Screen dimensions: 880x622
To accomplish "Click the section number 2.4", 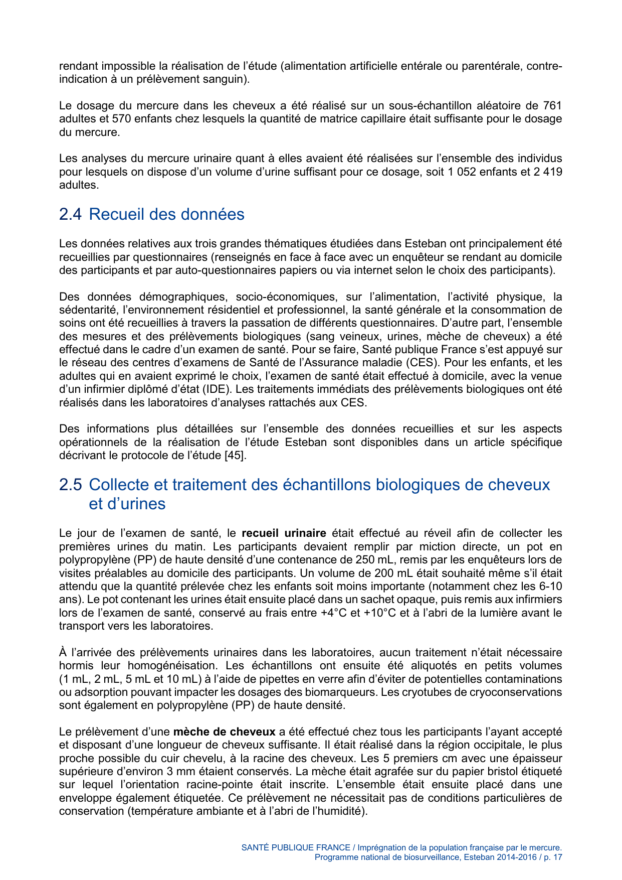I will [x=70, y=214].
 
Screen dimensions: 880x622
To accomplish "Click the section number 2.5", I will [x=70, y=485].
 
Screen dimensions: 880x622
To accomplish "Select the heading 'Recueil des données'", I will [x=166, y=214].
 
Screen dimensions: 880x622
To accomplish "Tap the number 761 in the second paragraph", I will [x=552, y=106].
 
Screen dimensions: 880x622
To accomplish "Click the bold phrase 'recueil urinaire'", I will [x=284, y=533].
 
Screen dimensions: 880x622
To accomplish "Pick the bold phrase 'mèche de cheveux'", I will [x=224, y=732].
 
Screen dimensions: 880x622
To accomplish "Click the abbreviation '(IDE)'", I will [x=217, y=389].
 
